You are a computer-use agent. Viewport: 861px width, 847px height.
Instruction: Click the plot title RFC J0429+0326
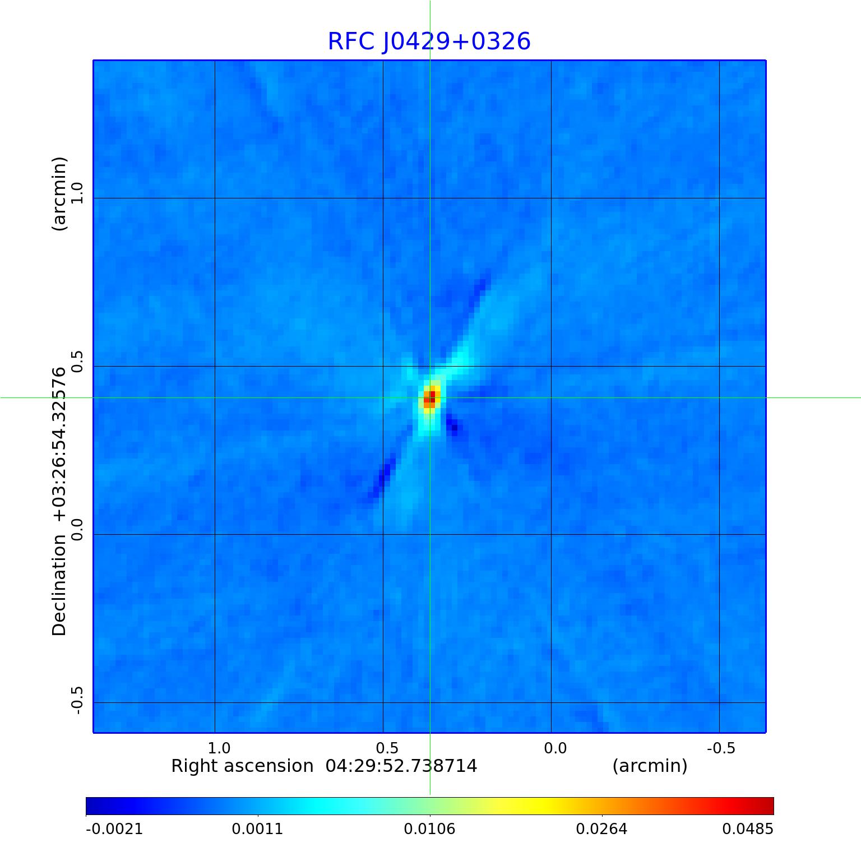(x=429, y=41)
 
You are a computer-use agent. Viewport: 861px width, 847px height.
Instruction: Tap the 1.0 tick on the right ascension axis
(x=219, y=748)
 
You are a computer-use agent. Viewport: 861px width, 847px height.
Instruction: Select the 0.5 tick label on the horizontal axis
(x=387, y=748)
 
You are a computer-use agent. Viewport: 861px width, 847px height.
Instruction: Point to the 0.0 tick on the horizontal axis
(x=556, y=748)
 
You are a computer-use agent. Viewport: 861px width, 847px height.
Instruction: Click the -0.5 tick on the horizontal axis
(x=721, y=748)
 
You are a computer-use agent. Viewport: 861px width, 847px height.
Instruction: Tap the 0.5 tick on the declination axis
(x=76, y=362)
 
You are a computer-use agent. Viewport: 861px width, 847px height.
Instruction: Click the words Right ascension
(x=242, y=766)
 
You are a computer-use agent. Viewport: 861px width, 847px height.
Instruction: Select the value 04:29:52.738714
(x=401, y=766)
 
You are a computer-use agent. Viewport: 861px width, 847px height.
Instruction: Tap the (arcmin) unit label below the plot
(x=650, y=766)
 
